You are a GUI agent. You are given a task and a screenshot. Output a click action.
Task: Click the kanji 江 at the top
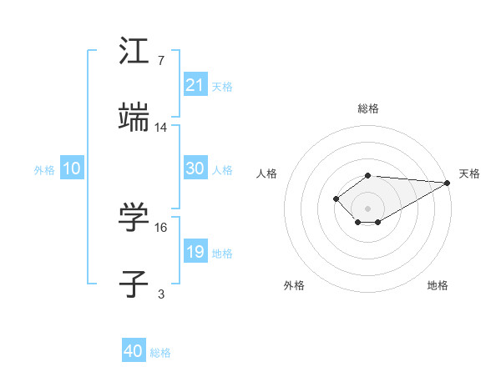(134, 51)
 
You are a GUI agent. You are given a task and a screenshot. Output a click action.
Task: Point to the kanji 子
(134, 283)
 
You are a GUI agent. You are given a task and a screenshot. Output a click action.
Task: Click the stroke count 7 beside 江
(161, 62)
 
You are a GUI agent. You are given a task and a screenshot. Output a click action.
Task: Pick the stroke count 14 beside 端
(161, 127)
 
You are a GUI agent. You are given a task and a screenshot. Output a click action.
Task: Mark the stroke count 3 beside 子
(161, 294)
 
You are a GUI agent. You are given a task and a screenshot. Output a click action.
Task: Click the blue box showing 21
(195, 85)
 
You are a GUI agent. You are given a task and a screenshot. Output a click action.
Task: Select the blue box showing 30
(195, 168)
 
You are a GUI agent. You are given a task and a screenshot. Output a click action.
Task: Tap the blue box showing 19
(195, 252)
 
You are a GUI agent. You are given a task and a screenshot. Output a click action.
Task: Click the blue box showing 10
(72, 168)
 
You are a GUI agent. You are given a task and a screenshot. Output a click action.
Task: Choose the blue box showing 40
(134, 351)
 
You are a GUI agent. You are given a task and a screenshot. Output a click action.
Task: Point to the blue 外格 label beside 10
(44, 170)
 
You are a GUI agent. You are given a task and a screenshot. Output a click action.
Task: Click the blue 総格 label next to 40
(160, 353)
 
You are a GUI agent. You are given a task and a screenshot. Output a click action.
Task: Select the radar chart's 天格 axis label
(469, 173)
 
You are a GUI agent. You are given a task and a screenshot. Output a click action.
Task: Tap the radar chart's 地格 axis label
(438, 285)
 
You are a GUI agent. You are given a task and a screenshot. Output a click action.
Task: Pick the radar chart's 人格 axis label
(267, 173)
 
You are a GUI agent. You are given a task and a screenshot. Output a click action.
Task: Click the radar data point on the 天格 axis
(448, 183)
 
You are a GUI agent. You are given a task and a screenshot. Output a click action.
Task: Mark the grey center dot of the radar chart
(368, 209)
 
